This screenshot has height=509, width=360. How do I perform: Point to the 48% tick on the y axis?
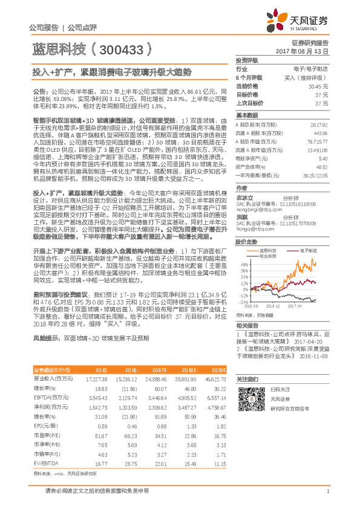click(243, 264)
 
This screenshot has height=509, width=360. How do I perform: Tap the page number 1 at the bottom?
click(327, 491)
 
